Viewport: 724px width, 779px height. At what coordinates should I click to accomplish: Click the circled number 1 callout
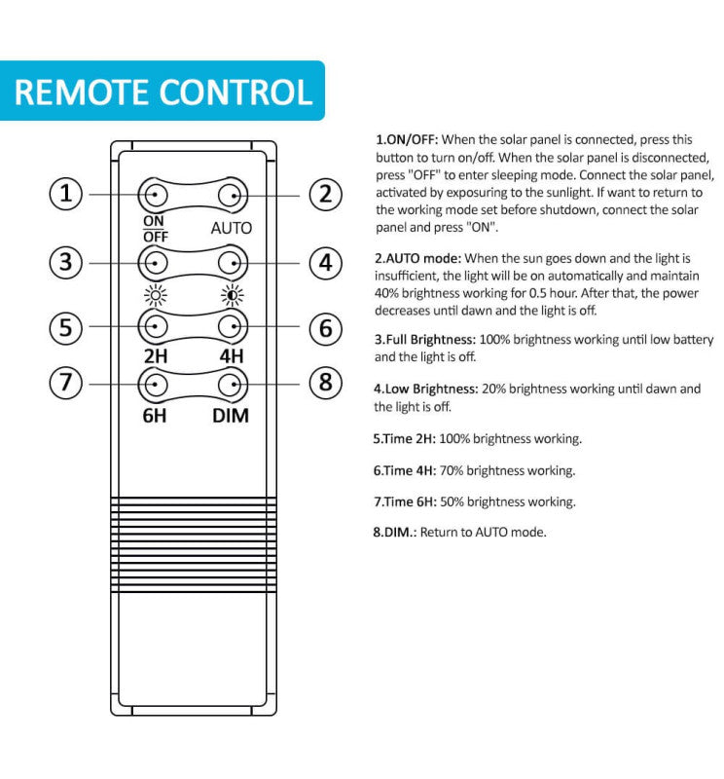click(x=66, y=194)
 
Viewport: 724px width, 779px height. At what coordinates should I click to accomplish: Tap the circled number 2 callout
click(x=326, y=194)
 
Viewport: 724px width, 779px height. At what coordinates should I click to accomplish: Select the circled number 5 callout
click(x=66, y=327)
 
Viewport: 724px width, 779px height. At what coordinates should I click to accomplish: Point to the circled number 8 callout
click(x=326, y=383)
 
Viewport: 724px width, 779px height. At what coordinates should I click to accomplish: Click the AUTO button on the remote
click(x=232, y=195)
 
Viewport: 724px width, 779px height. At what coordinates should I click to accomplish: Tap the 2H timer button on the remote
click(x=156, y=327)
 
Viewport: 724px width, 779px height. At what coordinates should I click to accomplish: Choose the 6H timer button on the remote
click(x=156, y=384)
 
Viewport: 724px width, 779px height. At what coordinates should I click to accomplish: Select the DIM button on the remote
click(x=232, y=384)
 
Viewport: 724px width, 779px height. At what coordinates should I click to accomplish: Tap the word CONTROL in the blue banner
click(x=236, y=93)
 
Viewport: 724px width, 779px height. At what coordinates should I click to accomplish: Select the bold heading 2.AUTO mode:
click(x=418, y=258)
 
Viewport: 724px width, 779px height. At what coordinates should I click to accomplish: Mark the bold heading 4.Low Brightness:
click(x=425, y=389)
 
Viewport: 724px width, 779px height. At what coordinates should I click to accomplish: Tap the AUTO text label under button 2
click(x=232, y=228)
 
